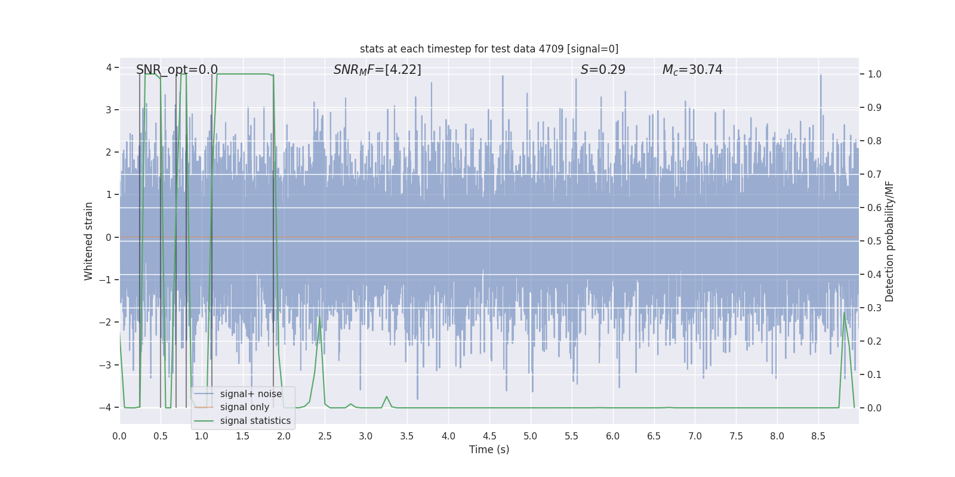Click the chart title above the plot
pyautogui.click(x=489, y=49)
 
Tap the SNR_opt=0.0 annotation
pyautogui.click(x=177, y=70)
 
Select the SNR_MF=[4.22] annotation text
pyautogui.click(x=377, y=70)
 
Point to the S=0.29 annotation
pyautogui.click(x=603, y=70)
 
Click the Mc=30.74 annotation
pyautogui.click(x=692, y=70)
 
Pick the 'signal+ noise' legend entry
pyautogui.click(x=251, y=394)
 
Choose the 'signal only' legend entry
pyautogui.click(x=244, y=407)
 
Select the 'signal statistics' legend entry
pyautogui.click(x=255, y=421)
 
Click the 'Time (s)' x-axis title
pyautogui.click(x=489, y=450)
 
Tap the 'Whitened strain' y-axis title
pyautogui.click(x=89, y=241)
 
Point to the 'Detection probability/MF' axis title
pyautogui.click(x=889, y=241)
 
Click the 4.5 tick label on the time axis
pyautogui.click(x=489, y=436)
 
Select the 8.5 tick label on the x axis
pyautogui.click(x=818, y=436)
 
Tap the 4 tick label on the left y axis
pyautogui.click(x=109, y=67)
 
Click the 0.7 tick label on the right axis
pyautogui.click(x=874, y=175)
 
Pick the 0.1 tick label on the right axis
pyautogui.click(x=874, y=375)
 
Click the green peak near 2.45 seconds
pyautogui.click(x=320, y=317)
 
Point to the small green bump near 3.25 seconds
pyautogui.click(x=387, y=397)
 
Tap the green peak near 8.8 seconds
pyautogui.click(x=844, y=313)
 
